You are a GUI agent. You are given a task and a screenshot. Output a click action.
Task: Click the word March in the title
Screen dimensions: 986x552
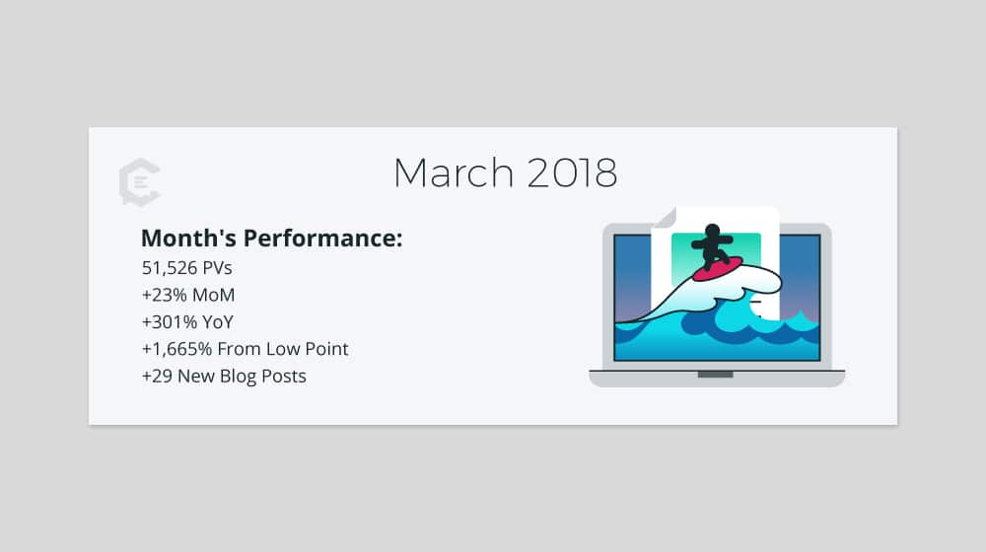pos(454,172)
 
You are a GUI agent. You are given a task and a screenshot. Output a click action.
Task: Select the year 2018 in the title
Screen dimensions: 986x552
pos(572,172)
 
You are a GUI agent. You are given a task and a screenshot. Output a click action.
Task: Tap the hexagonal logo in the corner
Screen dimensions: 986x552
pos(140,182)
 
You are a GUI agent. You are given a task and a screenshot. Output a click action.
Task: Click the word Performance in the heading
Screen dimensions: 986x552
pos(322,239)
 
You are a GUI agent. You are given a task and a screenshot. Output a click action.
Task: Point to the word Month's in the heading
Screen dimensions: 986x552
pos(188,239)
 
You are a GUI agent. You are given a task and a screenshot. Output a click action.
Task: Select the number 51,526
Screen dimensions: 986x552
pos(170,268)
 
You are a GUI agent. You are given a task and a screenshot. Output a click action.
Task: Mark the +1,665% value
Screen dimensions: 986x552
pos(176,349)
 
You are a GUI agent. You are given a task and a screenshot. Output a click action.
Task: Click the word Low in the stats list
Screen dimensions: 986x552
pos(282,349)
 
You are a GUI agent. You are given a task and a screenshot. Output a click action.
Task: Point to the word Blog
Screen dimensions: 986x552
pos(238,377)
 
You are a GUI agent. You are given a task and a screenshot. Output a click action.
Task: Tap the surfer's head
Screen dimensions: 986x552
pos(713,231)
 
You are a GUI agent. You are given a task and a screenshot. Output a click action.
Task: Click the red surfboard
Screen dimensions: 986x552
pos(718,269)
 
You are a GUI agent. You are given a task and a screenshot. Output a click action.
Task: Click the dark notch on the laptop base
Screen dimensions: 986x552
pos(716,375)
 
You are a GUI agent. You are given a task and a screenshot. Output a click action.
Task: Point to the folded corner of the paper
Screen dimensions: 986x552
pos(665,217)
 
